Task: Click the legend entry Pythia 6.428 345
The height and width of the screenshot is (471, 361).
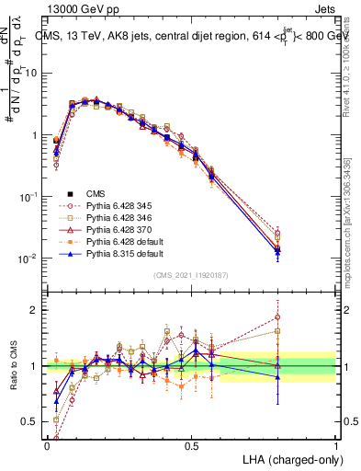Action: (113, 207)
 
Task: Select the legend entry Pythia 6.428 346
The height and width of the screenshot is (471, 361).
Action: (113, 221)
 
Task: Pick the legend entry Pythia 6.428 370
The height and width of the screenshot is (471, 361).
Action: (113, 235)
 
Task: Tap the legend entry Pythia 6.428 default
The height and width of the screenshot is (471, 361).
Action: (118, 248)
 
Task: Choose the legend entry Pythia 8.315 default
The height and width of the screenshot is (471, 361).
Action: (118, 262)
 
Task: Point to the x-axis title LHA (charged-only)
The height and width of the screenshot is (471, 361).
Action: (286, 458)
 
